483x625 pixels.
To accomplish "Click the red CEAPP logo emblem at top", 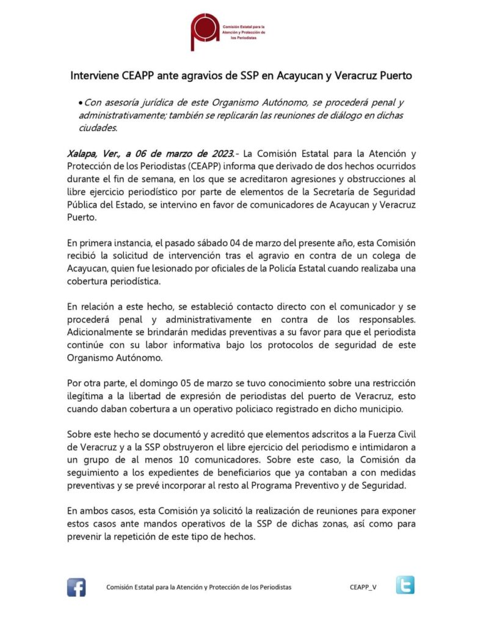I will pyautogui.click(x=205, y=29).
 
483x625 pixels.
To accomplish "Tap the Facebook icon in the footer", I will pyautogui.click(x=76, y=587).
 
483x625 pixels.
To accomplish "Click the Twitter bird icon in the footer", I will pyautogui.click(x=404, y=585).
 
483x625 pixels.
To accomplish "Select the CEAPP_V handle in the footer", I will pyautogui.click(x=363, y=587).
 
